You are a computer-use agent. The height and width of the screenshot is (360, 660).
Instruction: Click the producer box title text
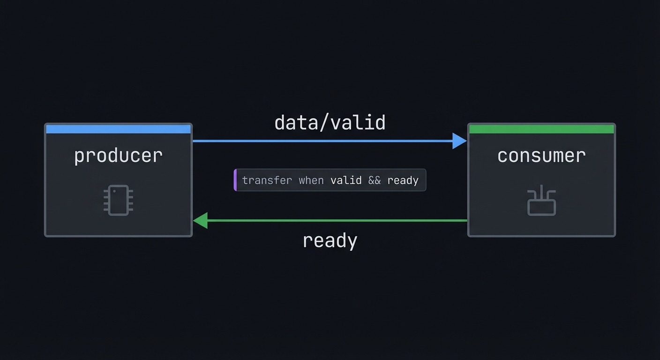(118, 156)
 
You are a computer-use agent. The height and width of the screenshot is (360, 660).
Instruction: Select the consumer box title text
(541, 156)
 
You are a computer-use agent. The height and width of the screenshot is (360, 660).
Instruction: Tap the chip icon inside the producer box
(118, 200)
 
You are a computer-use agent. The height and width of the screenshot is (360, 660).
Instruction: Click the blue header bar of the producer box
(118, 129)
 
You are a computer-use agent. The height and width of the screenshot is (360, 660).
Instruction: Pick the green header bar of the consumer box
(541, 129)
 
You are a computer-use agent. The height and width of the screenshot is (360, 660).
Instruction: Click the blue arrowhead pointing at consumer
(459, 141)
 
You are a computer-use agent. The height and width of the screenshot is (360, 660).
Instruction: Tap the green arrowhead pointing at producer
(201, 220)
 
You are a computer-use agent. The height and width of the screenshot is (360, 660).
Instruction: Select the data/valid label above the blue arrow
(330, 123)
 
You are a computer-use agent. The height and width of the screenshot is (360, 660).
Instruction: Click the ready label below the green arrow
(330, 240)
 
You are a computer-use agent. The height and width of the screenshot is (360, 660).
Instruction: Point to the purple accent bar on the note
(235, 180)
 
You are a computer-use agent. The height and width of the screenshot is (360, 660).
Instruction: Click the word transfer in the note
(267, 180)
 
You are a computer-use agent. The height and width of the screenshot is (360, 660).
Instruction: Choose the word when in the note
(311, 180)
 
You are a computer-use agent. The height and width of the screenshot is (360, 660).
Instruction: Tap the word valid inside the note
(346, 180)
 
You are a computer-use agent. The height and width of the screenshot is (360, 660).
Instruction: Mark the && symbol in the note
(375, 180)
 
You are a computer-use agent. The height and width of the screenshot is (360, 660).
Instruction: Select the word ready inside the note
(403, 180)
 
